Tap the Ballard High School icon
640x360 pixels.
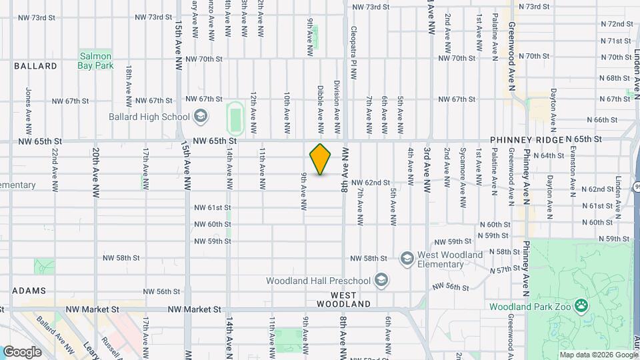200,117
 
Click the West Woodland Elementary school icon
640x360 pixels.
407,258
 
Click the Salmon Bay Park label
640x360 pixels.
96,61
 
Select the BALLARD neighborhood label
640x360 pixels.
35,66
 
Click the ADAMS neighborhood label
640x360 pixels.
29,291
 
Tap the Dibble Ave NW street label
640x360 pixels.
321,109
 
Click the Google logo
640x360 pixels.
22,351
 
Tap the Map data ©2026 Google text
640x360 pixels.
598,355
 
